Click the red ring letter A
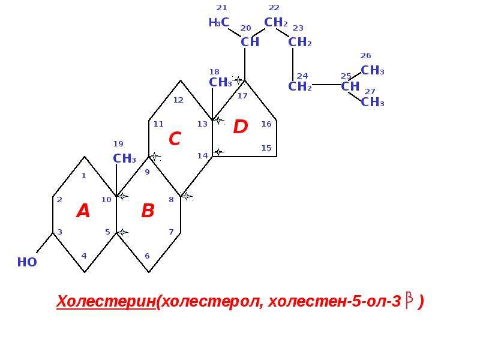[x=83, y=211]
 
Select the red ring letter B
[x=148, y=211]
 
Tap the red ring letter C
[x=175, y=139]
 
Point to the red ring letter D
[x=241, y=127]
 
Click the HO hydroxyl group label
[x=27, y=262]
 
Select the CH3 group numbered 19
[x=124, y=158]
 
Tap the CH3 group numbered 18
[x=220, y=82]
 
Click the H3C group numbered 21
[x=218, y=22]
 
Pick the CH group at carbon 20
[x=250, y=42]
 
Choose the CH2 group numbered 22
[x=276, y=22]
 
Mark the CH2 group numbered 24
[x=300, y=86]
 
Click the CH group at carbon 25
[x=350, y=86]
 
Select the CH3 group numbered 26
[x=373, y=70]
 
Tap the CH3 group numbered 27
[x=373, y=102]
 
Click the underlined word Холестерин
[x=106, y=301]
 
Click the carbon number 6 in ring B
[x=147, y=256]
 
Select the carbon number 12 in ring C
[x=178, y=100]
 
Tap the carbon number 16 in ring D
[x=266, y=124]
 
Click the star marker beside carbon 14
[x=218, y=152]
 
